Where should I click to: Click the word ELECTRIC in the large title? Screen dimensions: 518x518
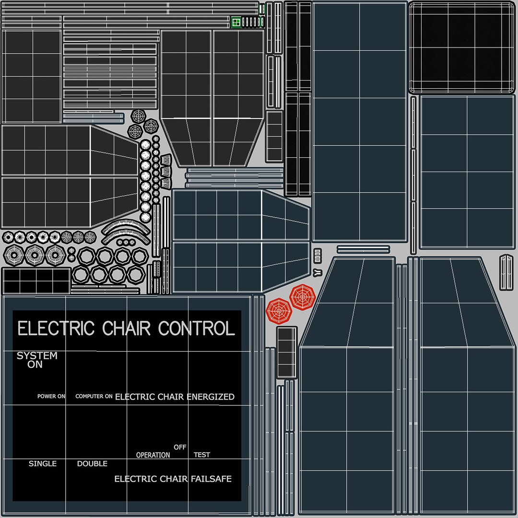[x=56, y=329]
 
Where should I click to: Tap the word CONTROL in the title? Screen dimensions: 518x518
[x=197, y=329]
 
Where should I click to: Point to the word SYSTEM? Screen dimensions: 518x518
[x=37, y=356]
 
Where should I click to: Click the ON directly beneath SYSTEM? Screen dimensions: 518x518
[x=35, y=365]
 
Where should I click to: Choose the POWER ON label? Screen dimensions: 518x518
[x=51, y=397]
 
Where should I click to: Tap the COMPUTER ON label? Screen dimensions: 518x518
[x=94, y=397]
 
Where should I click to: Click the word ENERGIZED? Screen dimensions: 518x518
[x=211, y=397]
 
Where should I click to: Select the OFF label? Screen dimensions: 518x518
[x=180, y=447]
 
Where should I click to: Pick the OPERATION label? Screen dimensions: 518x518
[x=153, y=455]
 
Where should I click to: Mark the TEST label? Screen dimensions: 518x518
[x=201, y=455]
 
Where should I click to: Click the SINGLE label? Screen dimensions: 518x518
[x=43, y=464]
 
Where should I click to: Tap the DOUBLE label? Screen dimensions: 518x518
[x=92, y=464]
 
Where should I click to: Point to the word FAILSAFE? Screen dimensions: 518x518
[x=211, y=479]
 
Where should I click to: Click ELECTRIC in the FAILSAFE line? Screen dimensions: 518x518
[x=135, y=479]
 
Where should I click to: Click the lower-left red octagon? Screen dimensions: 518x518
[x=279, y=311]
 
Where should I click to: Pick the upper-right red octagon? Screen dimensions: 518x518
[x=302, y=297]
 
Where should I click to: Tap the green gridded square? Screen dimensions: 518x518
[x=236, y=22]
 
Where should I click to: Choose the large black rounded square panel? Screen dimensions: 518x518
[x=460, y=47]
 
